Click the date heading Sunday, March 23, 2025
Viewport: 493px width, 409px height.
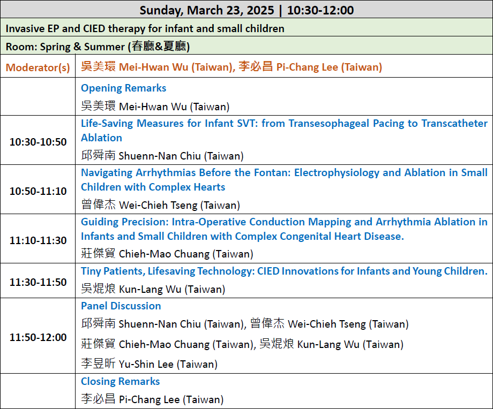point(207,10)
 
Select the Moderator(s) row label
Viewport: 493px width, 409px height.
point(38,67)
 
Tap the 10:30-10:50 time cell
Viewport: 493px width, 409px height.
point(38,142)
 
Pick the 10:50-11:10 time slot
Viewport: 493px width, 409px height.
point(38,191)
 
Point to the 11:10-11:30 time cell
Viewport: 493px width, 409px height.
point(38,240)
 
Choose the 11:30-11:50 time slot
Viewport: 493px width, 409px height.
point(38,282)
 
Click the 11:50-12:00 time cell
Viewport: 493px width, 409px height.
point(38,337)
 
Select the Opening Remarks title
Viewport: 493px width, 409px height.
point(124,88)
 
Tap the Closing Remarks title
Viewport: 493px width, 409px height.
point(121,381)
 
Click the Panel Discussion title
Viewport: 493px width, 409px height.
point(121,306)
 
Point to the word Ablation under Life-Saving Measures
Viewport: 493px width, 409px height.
point(102,138)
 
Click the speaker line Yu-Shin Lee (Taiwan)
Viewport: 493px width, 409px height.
point(150,364)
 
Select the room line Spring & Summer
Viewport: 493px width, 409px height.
point(98,47)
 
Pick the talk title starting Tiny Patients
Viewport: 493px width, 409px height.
point(284,271)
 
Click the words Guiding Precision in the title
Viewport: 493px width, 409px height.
point(125,222)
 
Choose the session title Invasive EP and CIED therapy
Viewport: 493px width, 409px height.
point(145,28)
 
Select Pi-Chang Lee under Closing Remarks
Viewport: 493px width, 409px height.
point(153,399)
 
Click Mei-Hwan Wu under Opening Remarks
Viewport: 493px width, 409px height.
point(155,106)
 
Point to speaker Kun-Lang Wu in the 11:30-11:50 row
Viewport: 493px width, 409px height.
point(153,289)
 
